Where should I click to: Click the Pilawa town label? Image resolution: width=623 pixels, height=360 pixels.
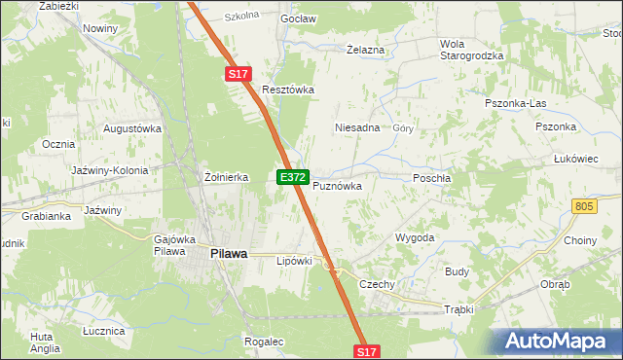228,253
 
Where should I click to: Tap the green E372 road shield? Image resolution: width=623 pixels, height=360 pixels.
293,178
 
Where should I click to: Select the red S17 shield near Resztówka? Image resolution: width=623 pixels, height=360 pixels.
239,74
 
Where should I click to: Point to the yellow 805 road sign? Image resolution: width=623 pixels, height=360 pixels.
584,206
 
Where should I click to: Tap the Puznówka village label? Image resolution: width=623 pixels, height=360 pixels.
337,185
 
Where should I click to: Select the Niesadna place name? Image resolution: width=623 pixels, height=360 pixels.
356,127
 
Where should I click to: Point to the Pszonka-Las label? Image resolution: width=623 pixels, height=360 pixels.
516,102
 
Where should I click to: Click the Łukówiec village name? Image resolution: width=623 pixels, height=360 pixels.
574,158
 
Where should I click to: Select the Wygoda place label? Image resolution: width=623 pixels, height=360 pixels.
414,237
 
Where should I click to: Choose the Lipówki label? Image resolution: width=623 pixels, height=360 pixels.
294,261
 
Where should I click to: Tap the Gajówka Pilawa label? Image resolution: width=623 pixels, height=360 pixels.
175,245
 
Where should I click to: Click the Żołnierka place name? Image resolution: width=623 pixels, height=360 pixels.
226,177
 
